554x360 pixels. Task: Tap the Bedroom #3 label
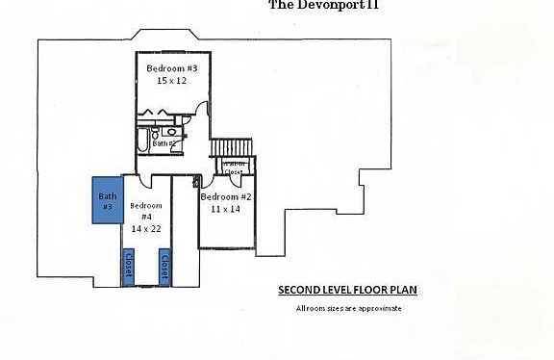[x=172, y=68]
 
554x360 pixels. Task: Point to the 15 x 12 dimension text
[x=172, y=81]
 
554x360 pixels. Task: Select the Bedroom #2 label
[x=225, y=196]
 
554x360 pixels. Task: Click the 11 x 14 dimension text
[x=225, y=209]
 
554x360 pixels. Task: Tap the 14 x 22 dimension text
[x=147, y=229]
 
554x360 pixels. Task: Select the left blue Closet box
[x=127, y=267]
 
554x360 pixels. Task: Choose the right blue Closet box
[x=164, y=267]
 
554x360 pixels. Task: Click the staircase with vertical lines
[x=231, y=147]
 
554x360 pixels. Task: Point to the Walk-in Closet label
[x=234, y=167]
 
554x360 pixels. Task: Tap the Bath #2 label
[x=164, y=142]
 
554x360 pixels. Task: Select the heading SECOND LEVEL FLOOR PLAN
[x=347, y=290]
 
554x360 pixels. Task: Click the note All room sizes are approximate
[x=347, y=308]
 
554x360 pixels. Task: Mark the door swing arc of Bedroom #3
[x=199, y=112]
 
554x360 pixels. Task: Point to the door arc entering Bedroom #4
[x=144, y=182]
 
